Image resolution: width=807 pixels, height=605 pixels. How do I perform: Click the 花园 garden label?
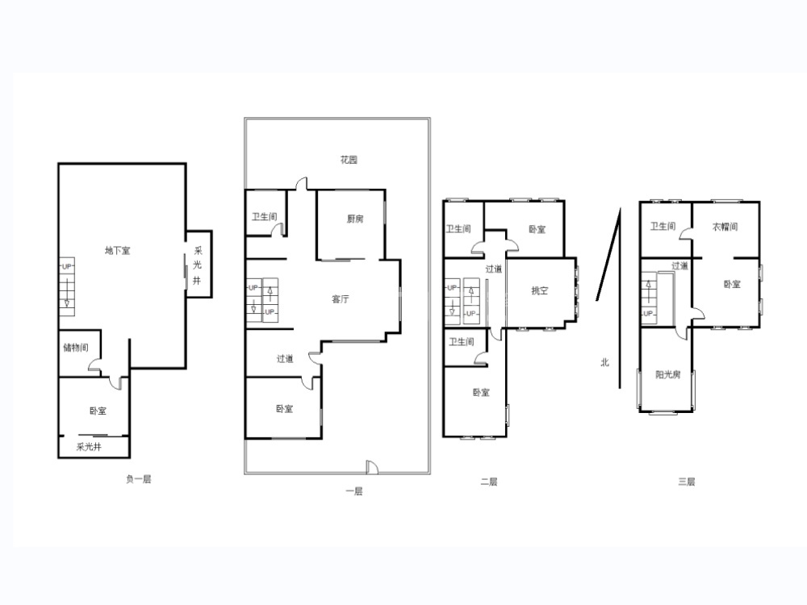point(349,160)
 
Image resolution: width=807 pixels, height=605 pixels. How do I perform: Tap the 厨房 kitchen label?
point(354,219)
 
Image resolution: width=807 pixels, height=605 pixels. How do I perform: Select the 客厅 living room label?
point(341,299)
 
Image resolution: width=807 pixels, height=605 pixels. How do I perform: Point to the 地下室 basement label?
point(117,251)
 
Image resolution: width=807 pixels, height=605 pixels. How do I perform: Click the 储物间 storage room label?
point(76,348)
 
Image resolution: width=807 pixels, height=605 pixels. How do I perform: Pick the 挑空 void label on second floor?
point(539,290)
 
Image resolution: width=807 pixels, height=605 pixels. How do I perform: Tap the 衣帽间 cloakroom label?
point(725,227)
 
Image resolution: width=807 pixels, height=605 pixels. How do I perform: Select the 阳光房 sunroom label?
point(667,374)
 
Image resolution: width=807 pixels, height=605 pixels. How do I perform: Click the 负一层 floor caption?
point(139,479)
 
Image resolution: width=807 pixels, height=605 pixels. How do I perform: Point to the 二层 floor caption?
point(488,482)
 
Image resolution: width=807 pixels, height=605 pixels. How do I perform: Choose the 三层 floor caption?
point(686,482)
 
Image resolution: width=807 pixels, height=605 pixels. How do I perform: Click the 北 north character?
point(604,362)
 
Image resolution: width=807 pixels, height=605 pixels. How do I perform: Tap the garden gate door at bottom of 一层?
point(372,466)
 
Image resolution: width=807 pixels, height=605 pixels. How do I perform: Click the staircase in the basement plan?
point(67,286)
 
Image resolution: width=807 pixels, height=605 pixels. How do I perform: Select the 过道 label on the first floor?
point(285,359)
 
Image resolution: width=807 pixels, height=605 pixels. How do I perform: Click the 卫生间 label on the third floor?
point(663,227)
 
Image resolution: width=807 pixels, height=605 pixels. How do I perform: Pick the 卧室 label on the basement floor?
point(98,411)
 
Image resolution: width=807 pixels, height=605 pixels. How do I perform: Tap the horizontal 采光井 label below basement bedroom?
point(89,447)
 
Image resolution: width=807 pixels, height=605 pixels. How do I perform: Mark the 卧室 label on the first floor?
point(284,409)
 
